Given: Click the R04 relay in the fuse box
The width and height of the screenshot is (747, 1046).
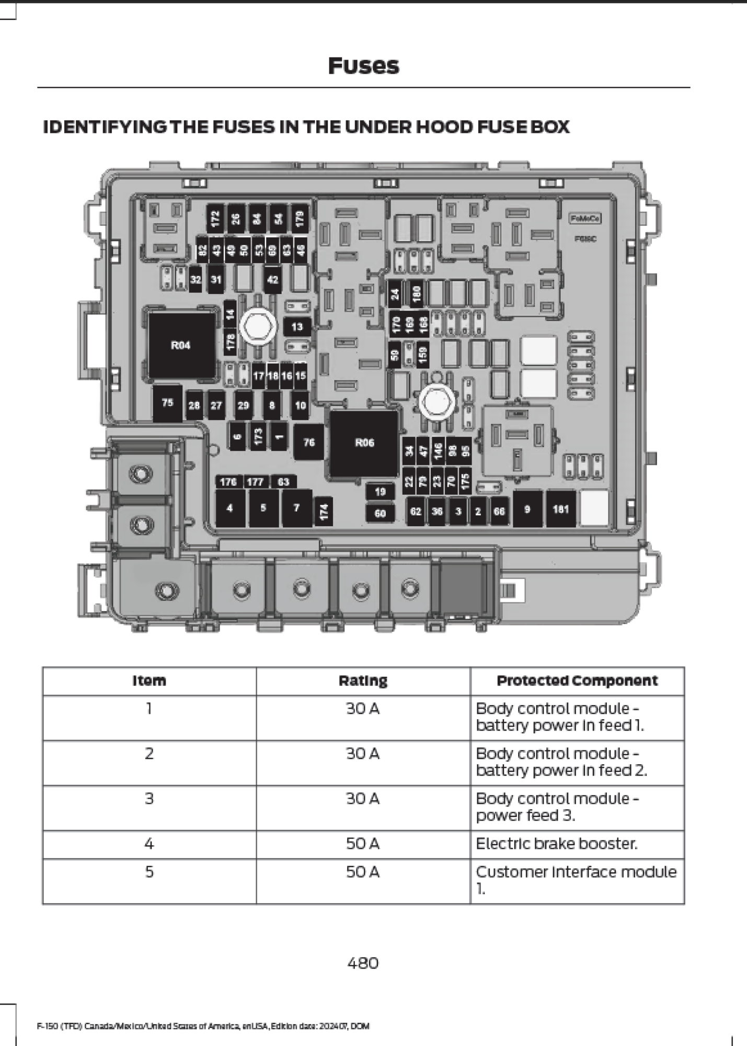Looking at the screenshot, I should tap(181, 345).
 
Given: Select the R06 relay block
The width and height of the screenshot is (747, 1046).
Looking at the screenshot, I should tap(364, 443).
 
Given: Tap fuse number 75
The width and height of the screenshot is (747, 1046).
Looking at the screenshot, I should tap(167, 403).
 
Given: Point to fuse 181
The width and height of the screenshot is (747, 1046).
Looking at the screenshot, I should tap(560, 509).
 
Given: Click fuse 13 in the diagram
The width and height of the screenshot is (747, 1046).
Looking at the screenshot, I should tap(297, 327).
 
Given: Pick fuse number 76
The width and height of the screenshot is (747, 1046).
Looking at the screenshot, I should tap(309, 442).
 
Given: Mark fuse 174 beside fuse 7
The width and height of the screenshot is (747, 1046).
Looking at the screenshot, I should tap(324, 511).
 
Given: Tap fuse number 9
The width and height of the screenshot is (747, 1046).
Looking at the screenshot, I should tap(527, 509).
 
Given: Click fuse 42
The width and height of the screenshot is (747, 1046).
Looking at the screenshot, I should tap(273, 279).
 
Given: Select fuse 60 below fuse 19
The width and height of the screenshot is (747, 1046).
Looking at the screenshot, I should tap(380, 513).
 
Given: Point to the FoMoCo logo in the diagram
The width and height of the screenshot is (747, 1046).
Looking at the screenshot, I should tap(585, 218).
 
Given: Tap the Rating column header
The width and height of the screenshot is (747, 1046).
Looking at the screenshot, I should tap(363, 681).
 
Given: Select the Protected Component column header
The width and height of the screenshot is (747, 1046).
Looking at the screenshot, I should tap(577, 681).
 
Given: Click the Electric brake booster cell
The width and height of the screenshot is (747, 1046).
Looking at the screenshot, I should tap(556, 844).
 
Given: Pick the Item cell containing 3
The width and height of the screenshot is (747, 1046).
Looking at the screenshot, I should tap(149, 799).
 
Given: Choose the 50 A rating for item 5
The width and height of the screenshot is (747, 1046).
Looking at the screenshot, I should tap(363, 872).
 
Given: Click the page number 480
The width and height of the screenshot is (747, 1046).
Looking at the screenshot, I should tap(363, 963).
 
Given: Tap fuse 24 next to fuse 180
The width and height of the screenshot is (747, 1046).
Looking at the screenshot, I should tap(396, 294).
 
